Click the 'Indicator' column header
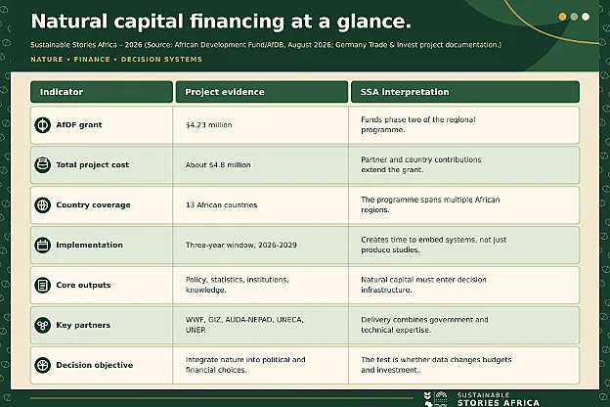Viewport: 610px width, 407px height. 62,92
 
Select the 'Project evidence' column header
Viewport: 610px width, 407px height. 225,92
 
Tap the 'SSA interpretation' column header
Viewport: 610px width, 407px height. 405,92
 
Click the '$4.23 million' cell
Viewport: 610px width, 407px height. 209,125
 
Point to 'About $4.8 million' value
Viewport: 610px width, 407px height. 218,165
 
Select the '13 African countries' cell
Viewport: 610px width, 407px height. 221,204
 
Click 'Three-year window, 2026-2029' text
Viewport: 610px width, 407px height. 241,245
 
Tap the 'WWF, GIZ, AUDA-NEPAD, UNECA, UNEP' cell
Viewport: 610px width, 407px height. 244,325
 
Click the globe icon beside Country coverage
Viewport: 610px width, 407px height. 42,204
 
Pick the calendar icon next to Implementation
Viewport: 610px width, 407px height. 42,245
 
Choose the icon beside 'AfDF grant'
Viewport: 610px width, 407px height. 42,125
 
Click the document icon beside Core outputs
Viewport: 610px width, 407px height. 42,285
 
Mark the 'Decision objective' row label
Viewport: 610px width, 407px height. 95,365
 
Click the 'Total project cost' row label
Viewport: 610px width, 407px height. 93,164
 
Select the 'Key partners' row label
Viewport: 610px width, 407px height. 83,325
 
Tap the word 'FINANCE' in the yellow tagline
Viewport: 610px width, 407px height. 92,60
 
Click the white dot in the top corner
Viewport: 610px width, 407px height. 586,17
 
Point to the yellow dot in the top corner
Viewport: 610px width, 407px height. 562,17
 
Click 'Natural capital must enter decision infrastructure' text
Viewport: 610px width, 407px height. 423,285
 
